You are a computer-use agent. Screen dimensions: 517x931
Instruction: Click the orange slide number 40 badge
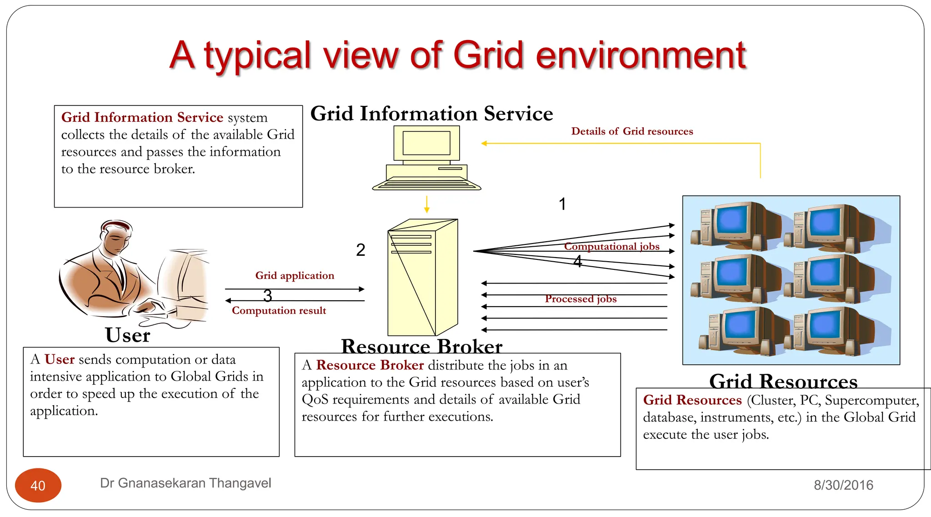[38, 485]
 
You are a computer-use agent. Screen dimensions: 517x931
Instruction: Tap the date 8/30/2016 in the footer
[843, 485]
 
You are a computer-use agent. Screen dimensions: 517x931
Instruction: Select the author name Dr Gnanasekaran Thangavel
[185, 483]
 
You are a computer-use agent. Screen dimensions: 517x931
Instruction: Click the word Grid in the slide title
[488, 55]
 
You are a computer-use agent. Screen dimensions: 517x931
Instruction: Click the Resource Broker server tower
[422, 277]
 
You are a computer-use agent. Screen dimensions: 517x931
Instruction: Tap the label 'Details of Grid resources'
[632, 131]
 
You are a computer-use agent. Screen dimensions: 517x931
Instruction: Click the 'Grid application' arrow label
[295, 275]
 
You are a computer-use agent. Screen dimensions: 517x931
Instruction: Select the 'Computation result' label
[279, 311]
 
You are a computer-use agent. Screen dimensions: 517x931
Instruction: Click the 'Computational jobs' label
[611, 246]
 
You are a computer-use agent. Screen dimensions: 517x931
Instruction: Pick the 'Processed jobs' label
[581, 299]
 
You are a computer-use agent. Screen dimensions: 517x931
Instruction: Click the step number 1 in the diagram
[562, 204]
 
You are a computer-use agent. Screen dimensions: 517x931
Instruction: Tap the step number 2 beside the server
[360, 250]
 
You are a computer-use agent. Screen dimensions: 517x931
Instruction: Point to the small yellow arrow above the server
[426, 204]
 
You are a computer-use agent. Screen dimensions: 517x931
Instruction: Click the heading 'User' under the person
[127, 335]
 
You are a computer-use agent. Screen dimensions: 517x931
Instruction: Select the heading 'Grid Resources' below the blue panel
[783, 381]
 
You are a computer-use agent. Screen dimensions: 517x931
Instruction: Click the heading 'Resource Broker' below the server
[421, 346]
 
